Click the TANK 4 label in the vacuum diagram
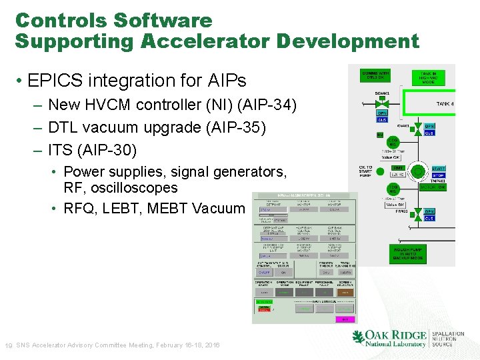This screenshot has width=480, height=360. point(445,103)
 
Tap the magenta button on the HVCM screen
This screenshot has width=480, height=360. point(345,319)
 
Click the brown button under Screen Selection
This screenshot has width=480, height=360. point(345,293)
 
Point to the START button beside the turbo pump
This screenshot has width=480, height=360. point(438,169)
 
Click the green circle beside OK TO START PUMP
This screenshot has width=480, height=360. point(381,171)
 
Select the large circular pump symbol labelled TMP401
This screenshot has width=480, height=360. point(417,172)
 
